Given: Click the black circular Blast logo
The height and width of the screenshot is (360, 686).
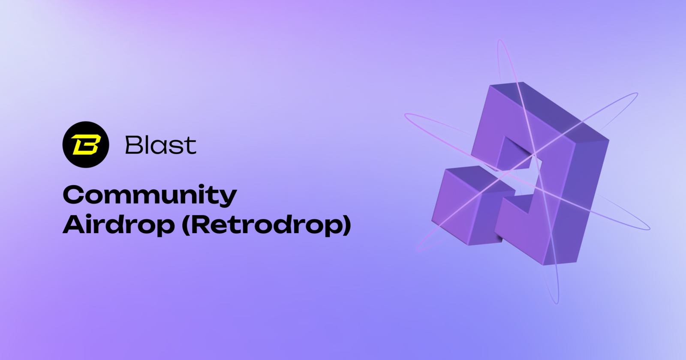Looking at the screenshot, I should click(86, 144).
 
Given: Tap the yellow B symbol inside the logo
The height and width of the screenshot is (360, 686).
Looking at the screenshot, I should click(86, 144).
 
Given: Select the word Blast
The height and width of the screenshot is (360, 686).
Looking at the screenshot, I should click(161, 145).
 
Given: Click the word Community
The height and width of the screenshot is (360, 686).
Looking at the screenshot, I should click(150, 195).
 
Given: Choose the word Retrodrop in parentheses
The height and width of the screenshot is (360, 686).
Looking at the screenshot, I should click(266, 225).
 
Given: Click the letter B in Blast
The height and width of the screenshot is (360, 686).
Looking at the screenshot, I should click(133, 145).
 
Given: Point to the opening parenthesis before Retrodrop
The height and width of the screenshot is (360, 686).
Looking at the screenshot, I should click(186, 225).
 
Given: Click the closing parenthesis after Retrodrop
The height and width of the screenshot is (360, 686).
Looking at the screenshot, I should click(346, 225).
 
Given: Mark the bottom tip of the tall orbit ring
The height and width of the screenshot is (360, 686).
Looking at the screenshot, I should click(557, 303).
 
